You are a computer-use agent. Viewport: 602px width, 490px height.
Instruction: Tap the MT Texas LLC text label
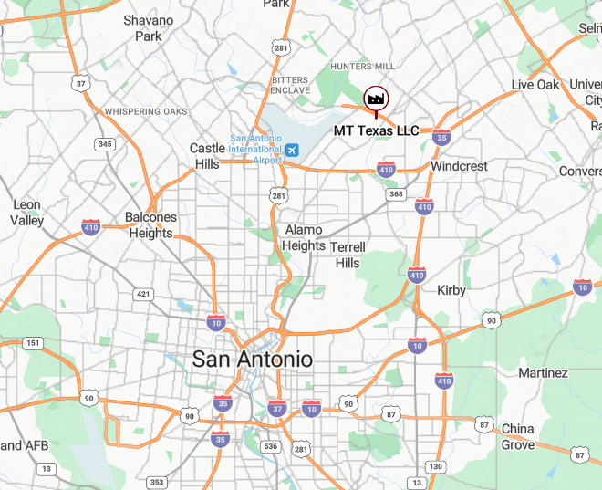coord(376,130)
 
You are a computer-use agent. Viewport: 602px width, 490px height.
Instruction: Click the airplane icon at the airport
coord(291,150)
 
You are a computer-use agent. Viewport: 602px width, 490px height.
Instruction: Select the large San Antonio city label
coord(252,359)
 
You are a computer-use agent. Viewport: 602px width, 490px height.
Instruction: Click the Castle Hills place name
coord(207,156)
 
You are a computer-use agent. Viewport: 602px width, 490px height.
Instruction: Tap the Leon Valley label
coord(26,213)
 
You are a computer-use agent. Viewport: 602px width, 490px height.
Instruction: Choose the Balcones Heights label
coord(150,225)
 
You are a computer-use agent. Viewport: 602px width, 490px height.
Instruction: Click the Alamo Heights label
coord(304,238)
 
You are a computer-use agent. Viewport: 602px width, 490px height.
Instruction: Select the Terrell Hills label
coord(348,255)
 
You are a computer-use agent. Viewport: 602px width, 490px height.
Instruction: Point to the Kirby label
coord(451,290)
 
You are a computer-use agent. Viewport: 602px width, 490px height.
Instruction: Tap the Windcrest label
coord(459,166)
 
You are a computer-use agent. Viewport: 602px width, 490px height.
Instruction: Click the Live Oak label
coord(535,85)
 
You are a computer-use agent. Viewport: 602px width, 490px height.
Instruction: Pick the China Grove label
coord(518,436)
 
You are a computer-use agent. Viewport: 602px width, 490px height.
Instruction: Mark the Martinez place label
coord(543,372)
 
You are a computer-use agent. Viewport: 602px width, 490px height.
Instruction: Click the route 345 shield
coord(106,144)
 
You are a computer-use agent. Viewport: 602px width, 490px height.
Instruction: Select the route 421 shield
coord(143,294)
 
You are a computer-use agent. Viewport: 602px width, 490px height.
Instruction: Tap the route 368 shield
coord(396,193)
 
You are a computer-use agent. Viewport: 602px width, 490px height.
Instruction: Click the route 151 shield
coord(33,343)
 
